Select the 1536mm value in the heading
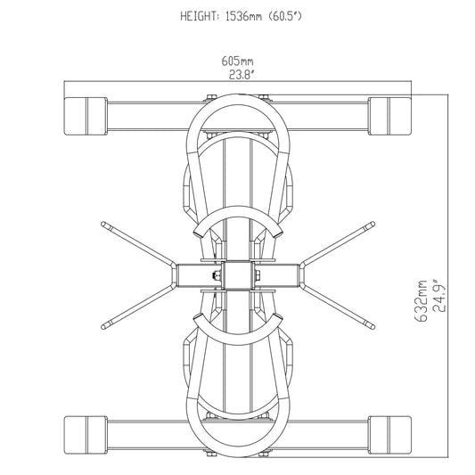(x=243, y=16)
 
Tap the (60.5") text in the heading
(x=285, y=16)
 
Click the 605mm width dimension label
(x=237, y=61)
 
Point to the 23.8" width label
(x=241, y=75)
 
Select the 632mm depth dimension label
(x=421, y=301)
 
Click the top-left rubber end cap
(x=86, y=116)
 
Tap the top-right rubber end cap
(x=389, y=116)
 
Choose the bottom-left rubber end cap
(x=86, y=435)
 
